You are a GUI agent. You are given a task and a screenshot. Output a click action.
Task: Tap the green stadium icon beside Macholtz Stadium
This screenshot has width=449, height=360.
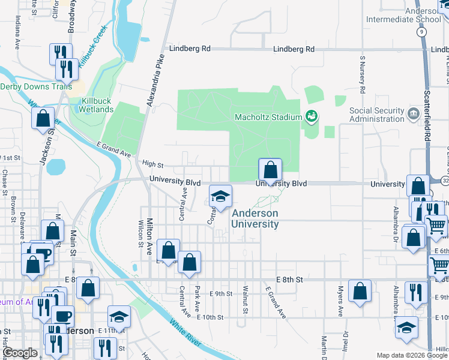(x=312, y=116)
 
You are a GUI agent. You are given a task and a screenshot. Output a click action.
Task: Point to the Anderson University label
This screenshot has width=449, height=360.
(x=255, y=218)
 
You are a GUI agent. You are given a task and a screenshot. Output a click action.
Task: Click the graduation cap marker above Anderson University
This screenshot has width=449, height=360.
(x=220, y=197)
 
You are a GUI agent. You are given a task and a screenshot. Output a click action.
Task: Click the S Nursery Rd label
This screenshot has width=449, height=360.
(x=363, y=75)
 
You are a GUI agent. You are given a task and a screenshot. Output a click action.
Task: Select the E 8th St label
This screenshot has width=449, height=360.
(x=290, y=280)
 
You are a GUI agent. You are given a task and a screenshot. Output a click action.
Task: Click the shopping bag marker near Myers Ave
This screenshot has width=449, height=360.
(x=360, y=292)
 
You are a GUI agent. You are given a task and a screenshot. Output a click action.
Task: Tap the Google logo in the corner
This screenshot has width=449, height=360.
(x=20, y=353)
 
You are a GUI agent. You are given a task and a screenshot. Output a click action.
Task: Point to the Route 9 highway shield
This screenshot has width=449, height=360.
(x=423, y=31)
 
